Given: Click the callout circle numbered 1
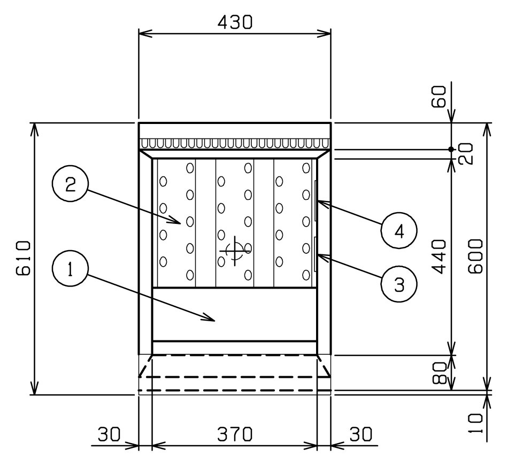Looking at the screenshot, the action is point(70,268).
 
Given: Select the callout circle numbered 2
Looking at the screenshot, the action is point(70,184).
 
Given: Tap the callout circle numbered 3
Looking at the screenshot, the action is point(399,284).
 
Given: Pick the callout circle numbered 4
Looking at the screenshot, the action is point(399,231).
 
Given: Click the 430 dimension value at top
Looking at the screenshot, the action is point(235,22).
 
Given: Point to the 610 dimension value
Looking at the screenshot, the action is point(24,258).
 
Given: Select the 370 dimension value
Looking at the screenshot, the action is point(235,434).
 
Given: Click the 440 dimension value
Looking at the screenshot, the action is point(439,257).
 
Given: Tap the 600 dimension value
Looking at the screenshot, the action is point(476,256).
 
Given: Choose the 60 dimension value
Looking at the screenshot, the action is point(439,96).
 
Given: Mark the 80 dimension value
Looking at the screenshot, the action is point(439,373).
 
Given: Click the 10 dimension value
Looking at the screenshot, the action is point(476,423).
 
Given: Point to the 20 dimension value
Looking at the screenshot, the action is point(466,153).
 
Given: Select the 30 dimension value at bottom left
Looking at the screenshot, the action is point(110,434).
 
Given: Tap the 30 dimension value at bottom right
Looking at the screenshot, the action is point(360,434).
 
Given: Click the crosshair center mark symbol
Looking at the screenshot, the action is point(235,251).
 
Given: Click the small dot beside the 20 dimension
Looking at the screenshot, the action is point(451,149).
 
